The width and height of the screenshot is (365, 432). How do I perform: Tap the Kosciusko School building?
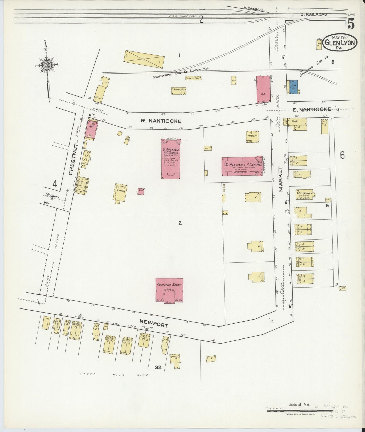[169, 290]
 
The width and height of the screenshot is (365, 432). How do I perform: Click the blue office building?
[294, 87]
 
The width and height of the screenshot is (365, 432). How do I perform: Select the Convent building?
[121, 193]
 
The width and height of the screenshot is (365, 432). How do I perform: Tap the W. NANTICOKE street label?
[161, 121]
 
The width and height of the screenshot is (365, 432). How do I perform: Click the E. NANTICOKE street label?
[311, 109]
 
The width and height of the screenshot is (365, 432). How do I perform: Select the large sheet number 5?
[351, 24]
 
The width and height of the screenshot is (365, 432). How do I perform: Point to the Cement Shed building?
[179, 91]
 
